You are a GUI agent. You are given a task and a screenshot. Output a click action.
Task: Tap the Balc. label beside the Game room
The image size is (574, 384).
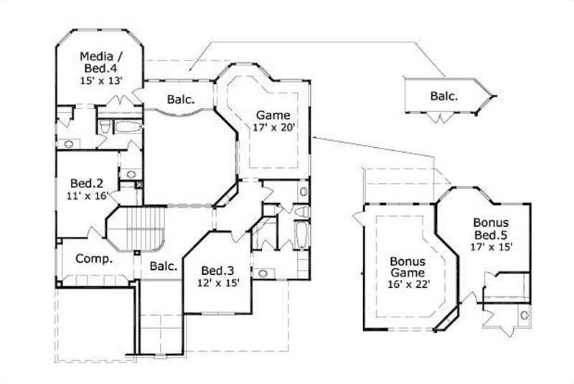pyautogui.click(x=181, y=100)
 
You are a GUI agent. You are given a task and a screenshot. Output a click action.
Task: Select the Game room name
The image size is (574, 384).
pyautogui.click(x=273, y=115)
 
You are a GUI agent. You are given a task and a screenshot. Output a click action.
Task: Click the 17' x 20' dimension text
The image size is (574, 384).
pyautogui.click(x=273, y=128)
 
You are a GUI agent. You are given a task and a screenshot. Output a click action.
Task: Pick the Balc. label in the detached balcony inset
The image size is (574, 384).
pyautogui.click(x=445, y=95)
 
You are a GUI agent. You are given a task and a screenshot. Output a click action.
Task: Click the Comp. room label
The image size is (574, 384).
pyautogui.click(x=93, y=259)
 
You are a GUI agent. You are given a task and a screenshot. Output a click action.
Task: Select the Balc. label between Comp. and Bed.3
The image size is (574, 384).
pyautogui.click(x=164, y=266)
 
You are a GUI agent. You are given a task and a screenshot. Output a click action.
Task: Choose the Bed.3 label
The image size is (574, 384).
pyautogui.click(x=216, y=270)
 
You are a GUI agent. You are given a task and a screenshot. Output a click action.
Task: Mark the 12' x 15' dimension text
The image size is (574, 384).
pyautogui.click(x=216, y=283)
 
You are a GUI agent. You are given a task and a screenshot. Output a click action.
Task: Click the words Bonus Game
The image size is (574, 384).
pyautogui.click(x=407, y=267)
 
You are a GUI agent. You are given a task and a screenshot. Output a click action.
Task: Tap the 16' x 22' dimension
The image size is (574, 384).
pyautogui.click(x=407, y=285)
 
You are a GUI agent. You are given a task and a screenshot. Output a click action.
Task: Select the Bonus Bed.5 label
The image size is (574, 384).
pyautogui.click(x=491, y=229)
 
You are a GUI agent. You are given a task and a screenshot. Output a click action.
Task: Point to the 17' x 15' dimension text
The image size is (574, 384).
pyautogui.click(x=491, y=247)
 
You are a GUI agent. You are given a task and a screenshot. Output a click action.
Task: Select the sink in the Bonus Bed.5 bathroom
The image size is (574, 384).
pyautogui.click(x=523, y=314)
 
